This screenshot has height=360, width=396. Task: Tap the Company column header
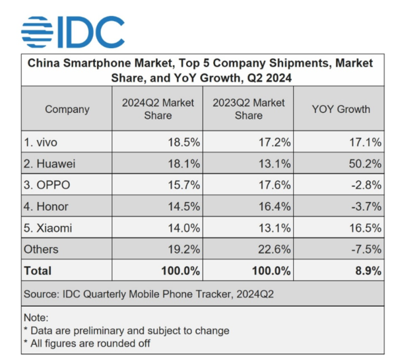tap(67, 109)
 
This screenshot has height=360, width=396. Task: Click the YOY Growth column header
tap(341, 109)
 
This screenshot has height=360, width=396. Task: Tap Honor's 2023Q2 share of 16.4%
tap(274, 207)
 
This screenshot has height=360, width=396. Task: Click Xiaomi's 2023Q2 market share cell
tap(274, 228)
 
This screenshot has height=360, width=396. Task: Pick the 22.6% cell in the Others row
tap(274, 249)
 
